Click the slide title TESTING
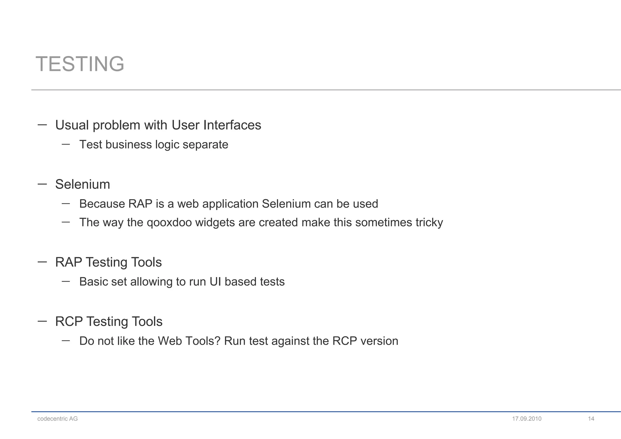click(x=80, y=64)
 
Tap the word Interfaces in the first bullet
click(x=232, y=125)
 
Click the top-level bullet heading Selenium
click(x=82, y=184)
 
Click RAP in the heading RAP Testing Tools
click(x=69, y=262)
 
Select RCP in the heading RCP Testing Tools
click(x=69, y=322)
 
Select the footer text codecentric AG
click(x=57, y=419)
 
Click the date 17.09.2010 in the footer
click(x=527, y=419)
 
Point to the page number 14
click(x=591, y=419)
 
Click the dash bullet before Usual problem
click(x=42, y=124)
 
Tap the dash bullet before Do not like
click(x=66, y=340)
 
